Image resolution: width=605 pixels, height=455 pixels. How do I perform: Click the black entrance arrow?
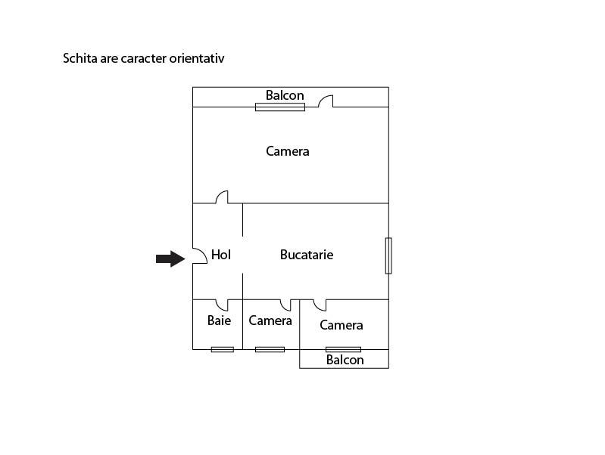click(170, 259)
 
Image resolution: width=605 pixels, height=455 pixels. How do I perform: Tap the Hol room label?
click(221, 255)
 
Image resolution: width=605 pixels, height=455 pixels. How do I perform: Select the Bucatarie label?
click(307, 255)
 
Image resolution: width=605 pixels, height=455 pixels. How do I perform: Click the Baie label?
click(219, 320)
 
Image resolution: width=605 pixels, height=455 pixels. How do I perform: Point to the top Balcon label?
click(285, 95)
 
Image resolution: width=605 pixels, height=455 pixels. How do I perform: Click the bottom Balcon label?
click(345, 360)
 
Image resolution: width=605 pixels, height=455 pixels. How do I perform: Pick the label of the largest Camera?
click(288, 151)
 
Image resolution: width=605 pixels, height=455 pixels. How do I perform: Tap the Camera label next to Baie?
click(270, 320)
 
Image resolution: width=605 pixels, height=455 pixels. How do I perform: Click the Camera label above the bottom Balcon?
click(341, 325)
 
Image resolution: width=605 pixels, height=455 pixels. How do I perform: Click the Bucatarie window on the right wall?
click(388, 255)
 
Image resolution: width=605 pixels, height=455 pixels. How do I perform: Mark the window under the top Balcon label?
click(280, 107)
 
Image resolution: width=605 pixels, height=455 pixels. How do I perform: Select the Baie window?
click(223, 349)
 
